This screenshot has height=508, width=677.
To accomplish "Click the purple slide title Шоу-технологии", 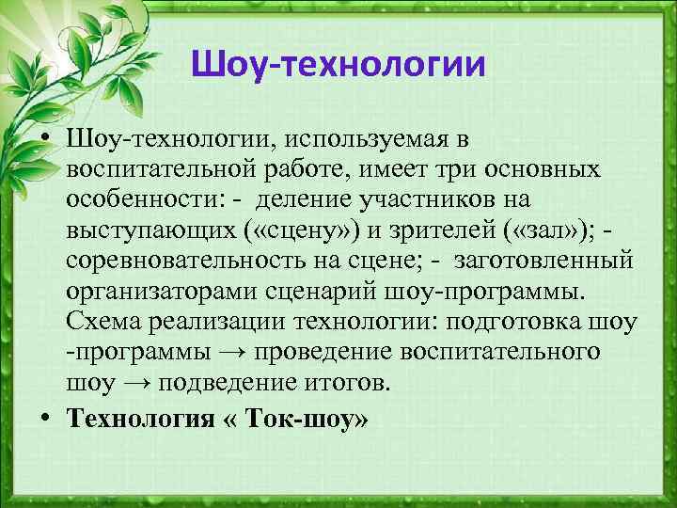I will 338,65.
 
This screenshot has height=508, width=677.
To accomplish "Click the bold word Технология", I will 141,419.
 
